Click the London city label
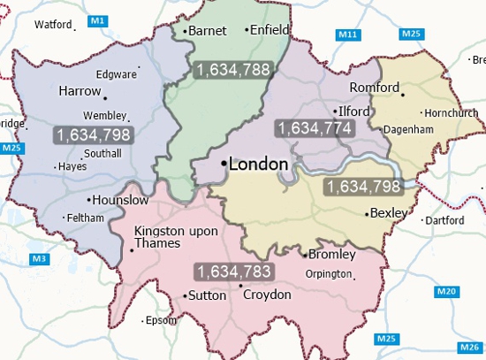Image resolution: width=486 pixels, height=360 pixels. point(258,165)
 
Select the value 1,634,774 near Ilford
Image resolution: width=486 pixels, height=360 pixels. point(315,128)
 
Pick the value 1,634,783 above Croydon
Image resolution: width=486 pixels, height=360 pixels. point(234,272)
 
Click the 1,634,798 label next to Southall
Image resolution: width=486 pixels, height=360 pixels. point(93,135)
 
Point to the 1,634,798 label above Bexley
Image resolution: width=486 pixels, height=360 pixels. point(363,187)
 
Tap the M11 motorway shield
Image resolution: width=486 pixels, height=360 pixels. point(348,34)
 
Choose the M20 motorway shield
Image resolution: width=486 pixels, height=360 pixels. point(447,292)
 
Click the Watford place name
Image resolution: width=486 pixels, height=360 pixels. point(52,25)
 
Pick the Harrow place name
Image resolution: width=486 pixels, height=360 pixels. point(80,91)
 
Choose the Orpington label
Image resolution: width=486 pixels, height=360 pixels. point(327,274)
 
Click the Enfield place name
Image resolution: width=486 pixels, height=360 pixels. point(270,30)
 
